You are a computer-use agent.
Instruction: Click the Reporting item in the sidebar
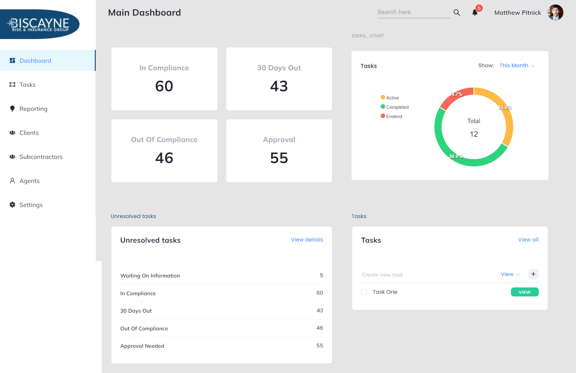click(x=33, y=109)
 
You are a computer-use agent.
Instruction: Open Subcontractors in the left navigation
click(x=41, y=157)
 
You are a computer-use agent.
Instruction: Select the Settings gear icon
click(x=12, y=205)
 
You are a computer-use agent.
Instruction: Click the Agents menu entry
click(x=29, y=181)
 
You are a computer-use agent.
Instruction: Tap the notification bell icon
click(x=475, y=13)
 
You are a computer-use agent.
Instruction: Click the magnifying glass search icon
click(x=457, y=13)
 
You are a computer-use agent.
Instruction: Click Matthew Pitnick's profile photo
click(x=555, y=13)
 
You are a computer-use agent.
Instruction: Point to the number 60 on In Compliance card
click(x=164, y=86)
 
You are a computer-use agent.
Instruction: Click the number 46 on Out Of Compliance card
click(x=164, y=158)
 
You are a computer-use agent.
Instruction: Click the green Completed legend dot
click(x=383, y=107)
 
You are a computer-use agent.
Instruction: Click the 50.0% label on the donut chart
click(x=456, y=156)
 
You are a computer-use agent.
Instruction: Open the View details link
click(x=307, y=240)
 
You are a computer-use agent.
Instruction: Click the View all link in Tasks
click(x=528, y=240)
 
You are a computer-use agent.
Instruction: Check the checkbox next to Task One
click(x=364, y=292)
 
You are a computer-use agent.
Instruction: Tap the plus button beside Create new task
click(x=533, y=274)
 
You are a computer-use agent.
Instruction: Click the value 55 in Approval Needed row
click(x=319, y=346)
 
